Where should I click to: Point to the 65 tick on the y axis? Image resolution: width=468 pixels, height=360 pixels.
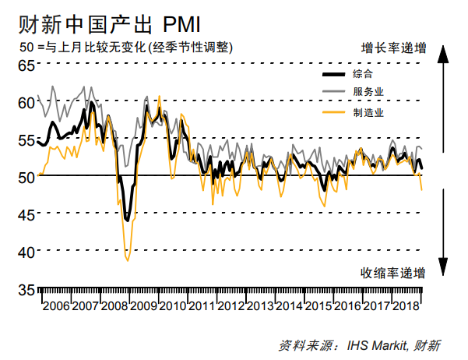click(26, 65)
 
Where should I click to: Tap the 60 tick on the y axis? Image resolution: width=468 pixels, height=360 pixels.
click(26, 101)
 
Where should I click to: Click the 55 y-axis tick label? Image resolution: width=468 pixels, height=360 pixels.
click(26, 139)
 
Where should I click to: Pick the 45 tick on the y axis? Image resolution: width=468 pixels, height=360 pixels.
click(26, 214)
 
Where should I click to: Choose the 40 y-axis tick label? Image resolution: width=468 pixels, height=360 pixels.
click(26, 252)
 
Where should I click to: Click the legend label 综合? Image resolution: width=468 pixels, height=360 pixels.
click(362, 74)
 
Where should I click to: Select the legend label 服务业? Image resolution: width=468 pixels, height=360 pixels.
click(368, 93)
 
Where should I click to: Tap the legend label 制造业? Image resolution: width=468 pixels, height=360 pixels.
click(368, 112)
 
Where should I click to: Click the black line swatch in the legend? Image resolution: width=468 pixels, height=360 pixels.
click(333, 75)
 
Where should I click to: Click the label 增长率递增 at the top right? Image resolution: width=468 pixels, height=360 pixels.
click(393, 47)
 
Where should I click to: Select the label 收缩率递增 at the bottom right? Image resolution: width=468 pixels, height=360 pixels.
click(392, 273)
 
